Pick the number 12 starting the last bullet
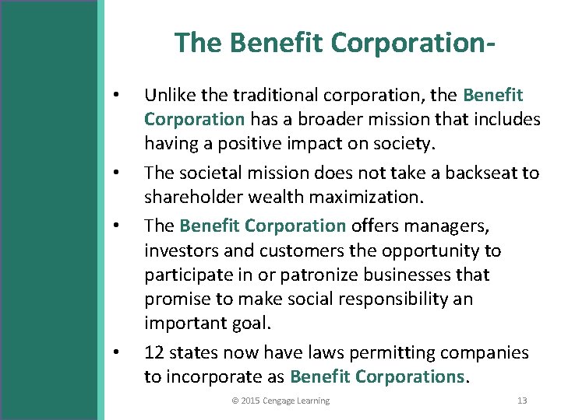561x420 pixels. point(153,352)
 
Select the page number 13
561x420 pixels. point(522,401)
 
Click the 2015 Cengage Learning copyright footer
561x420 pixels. point(280,401)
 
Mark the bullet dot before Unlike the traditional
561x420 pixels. point(115,96)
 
